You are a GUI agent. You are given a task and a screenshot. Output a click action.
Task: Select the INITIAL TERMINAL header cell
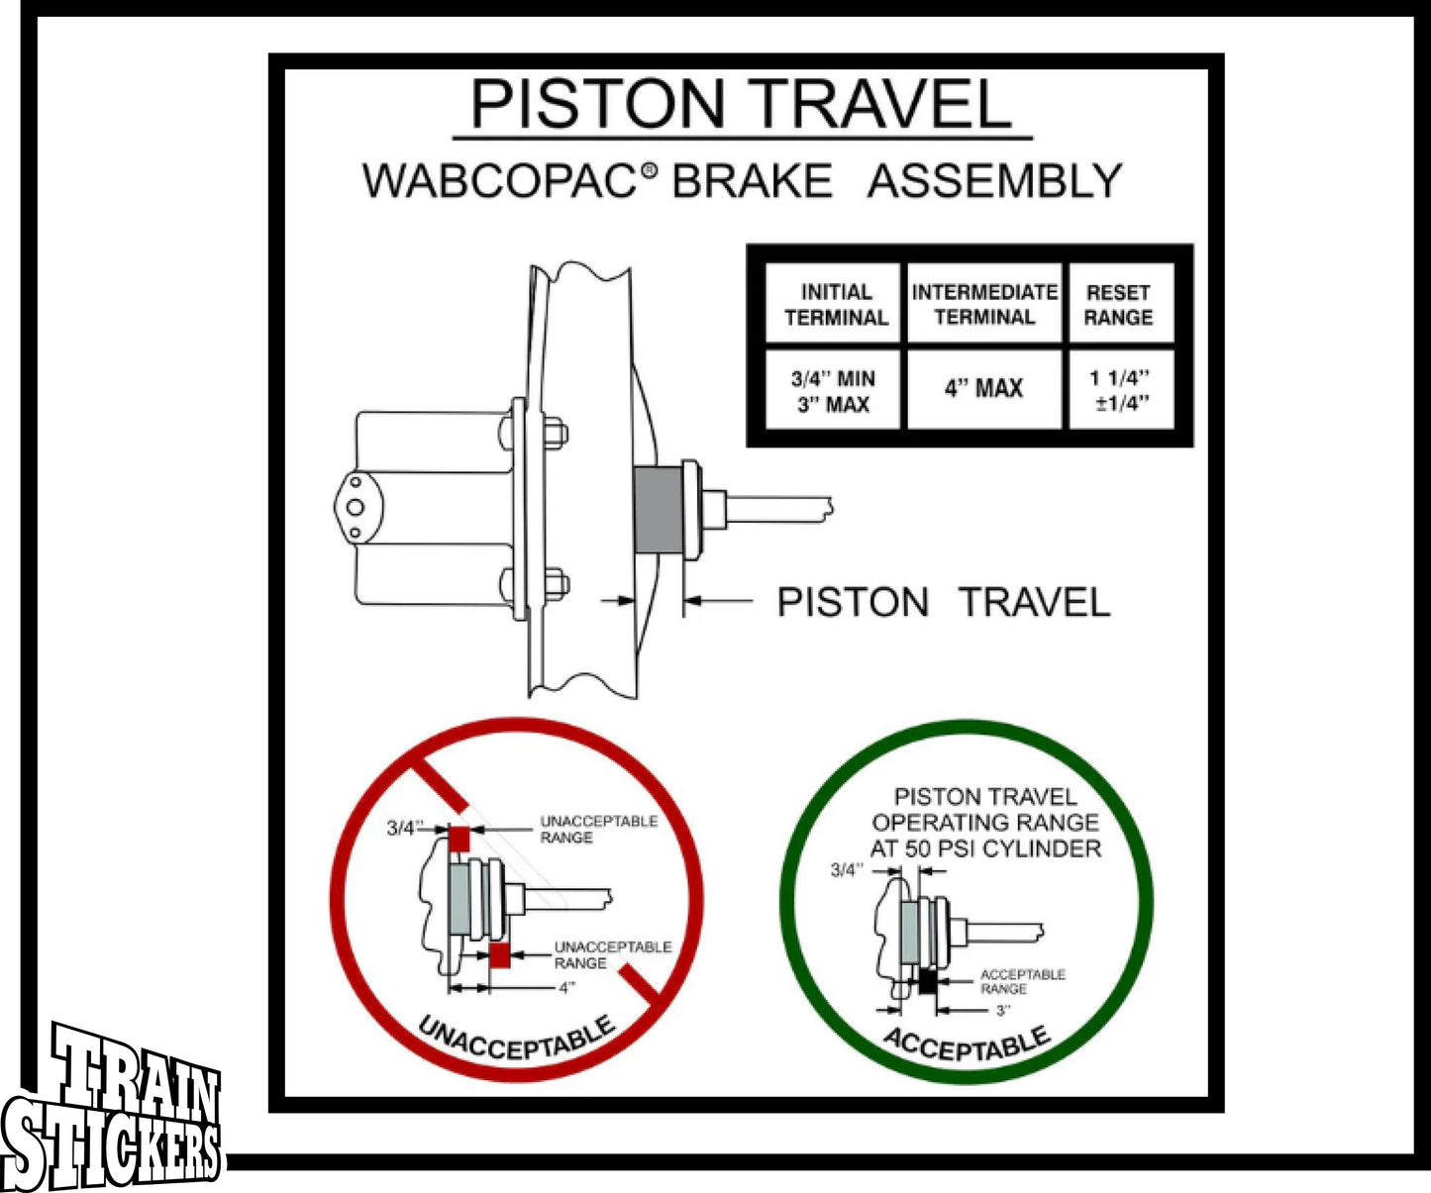836,304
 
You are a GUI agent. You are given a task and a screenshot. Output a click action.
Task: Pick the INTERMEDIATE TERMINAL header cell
984,304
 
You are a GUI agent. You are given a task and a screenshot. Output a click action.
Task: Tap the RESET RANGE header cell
1119,304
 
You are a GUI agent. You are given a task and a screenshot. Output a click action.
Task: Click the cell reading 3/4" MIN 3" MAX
833,391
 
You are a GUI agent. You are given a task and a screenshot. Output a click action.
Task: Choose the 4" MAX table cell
983,388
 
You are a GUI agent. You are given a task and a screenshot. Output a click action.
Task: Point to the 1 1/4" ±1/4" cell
1120,389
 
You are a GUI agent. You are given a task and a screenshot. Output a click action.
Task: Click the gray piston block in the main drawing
658,511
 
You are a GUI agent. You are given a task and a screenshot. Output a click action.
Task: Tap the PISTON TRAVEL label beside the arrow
943,602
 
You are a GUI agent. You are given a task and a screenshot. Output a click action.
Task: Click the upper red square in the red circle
460,838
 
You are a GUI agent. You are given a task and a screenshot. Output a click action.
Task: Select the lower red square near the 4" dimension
500,955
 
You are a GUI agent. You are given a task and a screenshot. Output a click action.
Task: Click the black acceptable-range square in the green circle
928,981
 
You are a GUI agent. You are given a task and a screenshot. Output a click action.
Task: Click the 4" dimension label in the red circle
566,987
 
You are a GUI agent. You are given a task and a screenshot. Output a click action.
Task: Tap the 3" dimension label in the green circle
1003,1011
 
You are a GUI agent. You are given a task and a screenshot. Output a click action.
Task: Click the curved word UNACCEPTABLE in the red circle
516,1040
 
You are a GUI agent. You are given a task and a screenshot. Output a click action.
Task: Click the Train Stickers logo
114,1109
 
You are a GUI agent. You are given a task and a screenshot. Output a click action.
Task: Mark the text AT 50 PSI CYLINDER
985,848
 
